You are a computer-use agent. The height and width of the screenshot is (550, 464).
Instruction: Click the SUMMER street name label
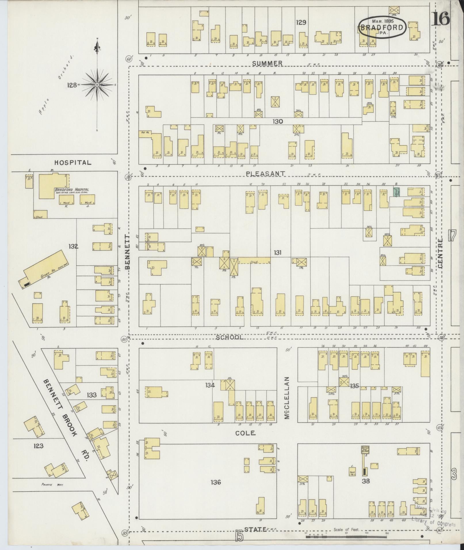pos(267,63)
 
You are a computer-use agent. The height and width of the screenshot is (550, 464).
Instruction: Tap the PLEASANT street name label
pos(266,173)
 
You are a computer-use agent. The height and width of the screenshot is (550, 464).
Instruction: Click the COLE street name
pos(245,433)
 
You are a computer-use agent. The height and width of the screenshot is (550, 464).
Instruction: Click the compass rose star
pos(97,85)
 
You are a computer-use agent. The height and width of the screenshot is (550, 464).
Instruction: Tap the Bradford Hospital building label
pos(72,190)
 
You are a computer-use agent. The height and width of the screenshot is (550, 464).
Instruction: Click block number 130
pos(278,122)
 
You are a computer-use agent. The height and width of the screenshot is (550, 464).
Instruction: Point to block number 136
pos(215,482)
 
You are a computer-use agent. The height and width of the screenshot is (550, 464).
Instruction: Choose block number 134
pos(210,385)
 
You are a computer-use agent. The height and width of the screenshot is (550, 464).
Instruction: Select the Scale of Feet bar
pos(347,537)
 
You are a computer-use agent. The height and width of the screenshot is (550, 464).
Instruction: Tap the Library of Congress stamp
pos(433,518)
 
